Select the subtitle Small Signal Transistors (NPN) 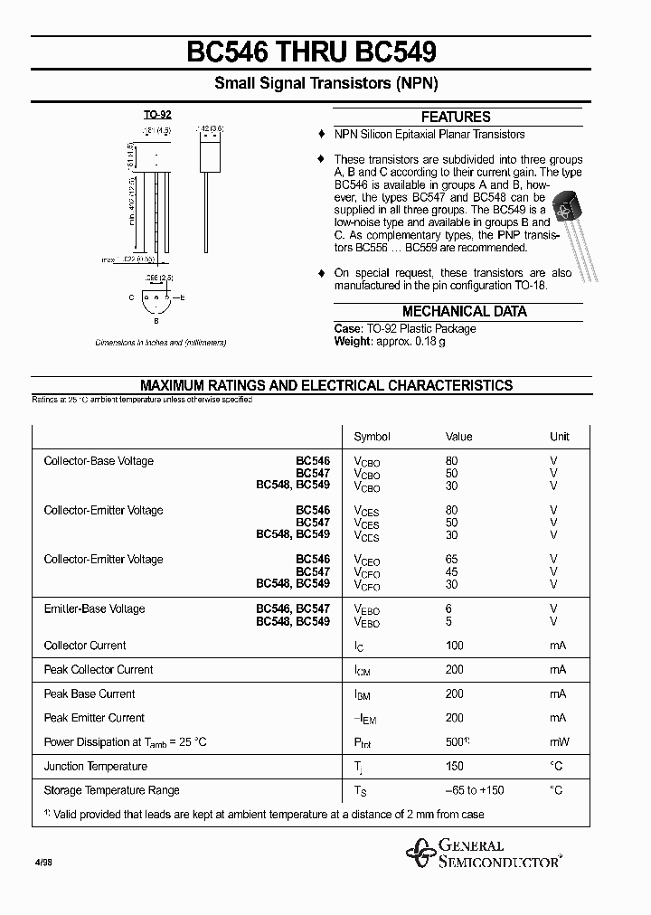click(325, 84)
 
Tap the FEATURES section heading click(456, 117)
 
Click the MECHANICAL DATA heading click(464, 311)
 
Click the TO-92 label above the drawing click(157, 115)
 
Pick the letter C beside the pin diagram click(131, 297)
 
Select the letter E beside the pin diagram click(183, 297)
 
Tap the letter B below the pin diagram click(156, 320)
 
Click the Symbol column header click(372, 437)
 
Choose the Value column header click(458, 437)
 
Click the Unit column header click(560, 437)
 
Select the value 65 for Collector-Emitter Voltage click(452, 560)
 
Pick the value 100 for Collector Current click(455, 646)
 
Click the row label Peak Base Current click(90, 694)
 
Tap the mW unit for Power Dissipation click(559, 742)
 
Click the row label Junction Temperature click(96, 767)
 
